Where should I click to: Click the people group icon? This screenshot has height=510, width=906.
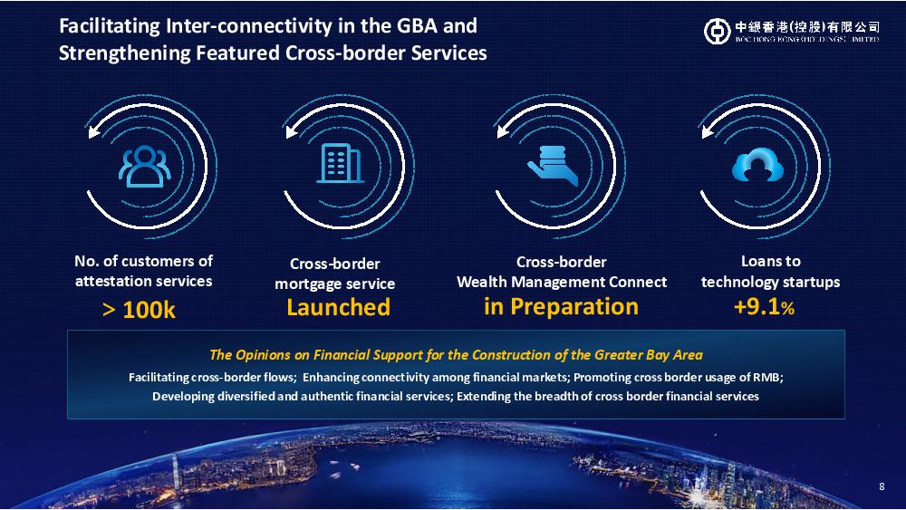144,167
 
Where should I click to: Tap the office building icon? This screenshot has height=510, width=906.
341,163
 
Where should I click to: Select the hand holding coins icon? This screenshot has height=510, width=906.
553,166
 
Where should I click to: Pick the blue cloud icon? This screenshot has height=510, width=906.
757,165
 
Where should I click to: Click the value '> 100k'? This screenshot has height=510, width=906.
139,310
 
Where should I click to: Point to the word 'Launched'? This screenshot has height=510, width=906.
339,307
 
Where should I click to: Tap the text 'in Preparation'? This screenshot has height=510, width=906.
561,307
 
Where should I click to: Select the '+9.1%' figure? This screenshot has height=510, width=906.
764,307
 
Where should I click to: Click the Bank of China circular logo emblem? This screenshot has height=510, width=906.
717,31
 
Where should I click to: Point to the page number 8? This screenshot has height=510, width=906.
882,486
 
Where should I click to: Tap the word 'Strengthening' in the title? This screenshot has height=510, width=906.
125,53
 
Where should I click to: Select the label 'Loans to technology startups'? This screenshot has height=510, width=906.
770,272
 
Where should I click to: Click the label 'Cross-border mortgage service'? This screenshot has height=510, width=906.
334,274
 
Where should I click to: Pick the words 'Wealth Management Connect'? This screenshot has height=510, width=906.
562,282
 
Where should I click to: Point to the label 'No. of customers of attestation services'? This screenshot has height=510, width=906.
143,271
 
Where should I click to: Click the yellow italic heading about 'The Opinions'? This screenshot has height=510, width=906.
456,354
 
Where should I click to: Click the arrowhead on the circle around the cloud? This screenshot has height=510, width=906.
707,131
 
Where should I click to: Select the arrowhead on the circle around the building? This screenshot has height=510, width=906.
291,131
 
